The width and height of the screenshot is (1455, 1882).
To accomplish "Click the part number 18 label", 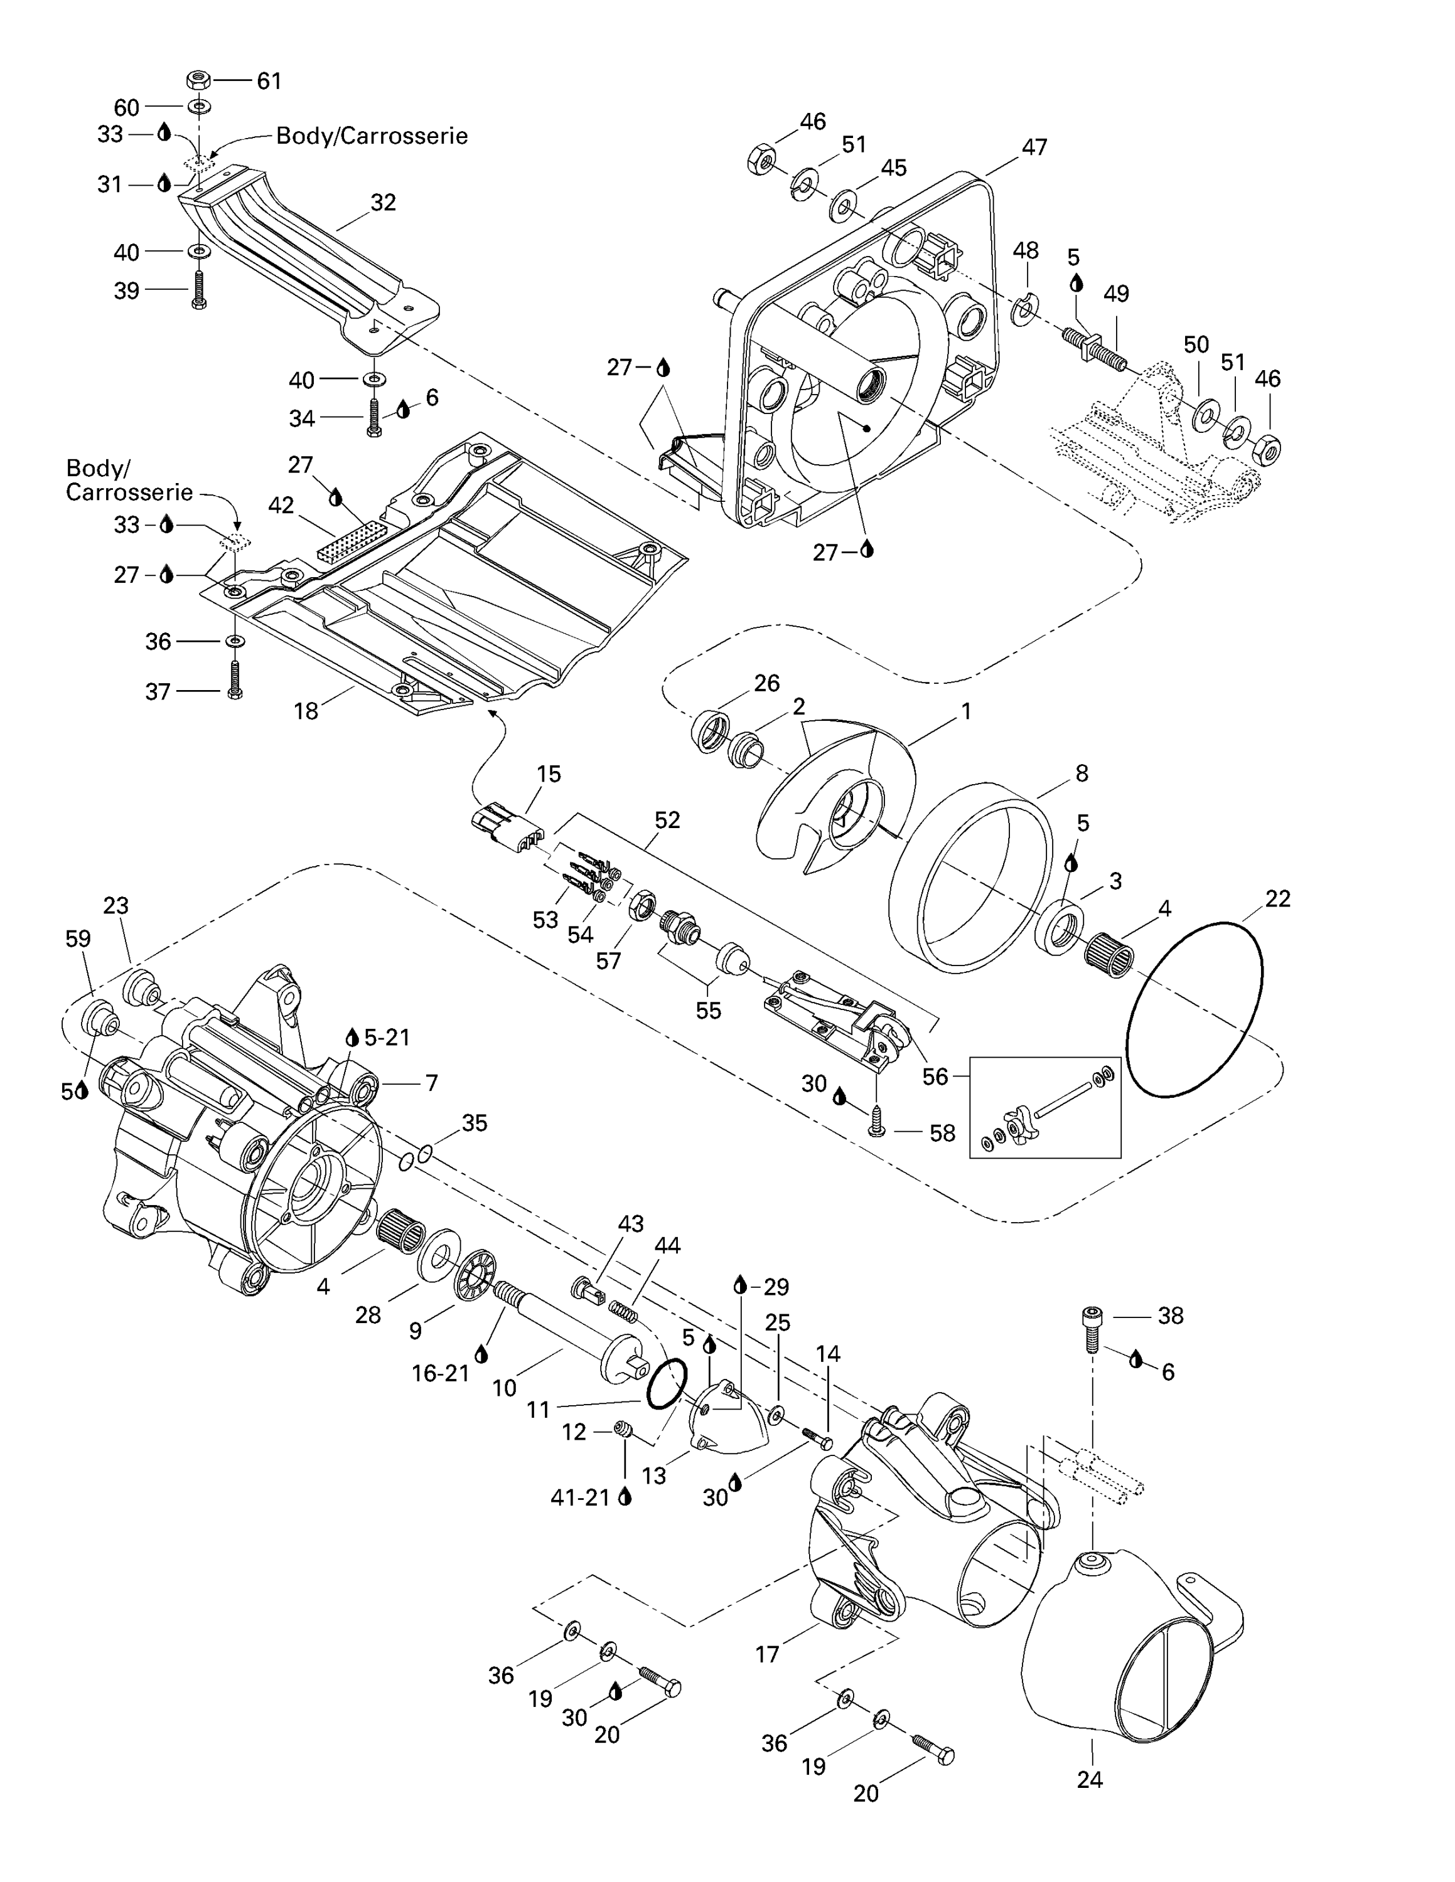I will [306, 711].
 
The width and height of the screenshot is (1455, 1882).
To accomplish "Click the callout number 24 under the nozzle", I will [1090, 1780].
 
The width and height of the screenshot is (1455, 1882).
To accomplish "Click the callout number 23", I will [115, 906].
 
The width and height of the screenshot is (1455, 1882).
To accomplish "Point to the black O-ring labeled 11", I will [665, 1384].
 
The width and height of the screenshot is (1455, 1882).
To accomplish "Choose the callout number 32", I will [383, 203].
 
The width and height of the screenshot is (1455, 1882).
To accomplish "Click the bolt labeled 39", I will [199, 291].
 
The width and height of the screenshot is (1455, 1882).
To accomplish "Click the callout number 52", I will [667, 821].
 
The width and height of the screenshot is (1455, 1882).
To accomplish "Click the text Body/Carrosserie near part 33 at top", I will [372, 136].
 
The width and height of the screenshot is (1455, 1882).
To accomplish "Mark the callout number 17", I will [767, 1654].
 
